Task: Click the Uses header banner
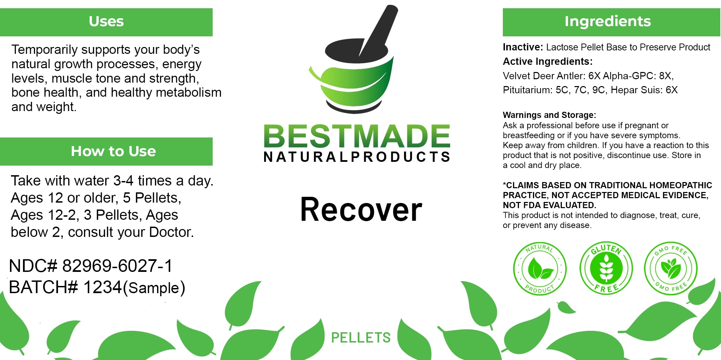(106, 22)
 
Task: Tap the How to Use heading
(113, 151)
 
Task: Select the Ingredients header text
(607, 21)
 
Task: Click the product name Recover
(361, 209)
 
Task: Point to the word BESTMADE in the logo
(357, 136)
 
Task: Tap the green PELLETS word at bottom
(360, 338)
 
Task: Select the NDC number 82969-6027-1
(117, 266)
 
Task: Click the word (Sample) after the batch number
(154, 288)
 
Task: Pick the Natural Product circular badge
(540, 268)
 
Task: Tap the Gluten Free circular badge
(606, 268)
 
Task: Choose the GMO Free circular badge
(671, 268)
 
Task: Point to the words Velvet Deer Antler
(544, 76)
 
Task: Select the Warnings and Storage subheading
(549, 115)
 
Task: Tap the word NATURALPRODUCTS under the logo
(357, 157)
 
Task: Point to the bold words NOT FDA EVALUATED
(549, 205)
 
